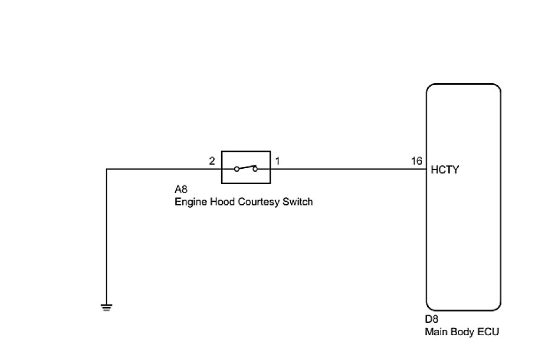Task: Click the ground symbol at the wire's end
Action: pos(107,306)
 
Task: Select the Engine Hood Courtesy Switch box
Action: pos(245,167)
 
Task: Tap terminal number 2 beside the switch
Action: pos(212,161)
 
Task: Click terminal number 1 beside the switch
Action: pos(278,161)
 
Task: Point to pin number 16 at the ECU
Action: pos(416,161)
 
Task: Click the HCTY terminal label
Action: pos(445,170)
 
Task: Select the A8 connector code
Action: pos(180,190)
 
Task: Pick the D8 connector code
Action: pos(432,320)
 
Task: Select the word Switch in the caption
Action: pos(297,202)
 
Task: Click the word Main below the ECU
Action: pos(436,332)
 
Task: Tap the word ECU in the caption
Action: pos(488,332)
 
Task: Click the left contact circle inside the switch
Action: pos(236,169)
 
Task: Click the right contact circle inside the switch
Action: pos(255,169)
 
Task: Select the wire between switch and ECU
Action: pos(348,169)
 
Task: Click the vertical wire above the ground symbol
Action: pos(107,236)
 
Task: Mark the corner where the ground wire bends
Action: pos(107,169)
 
